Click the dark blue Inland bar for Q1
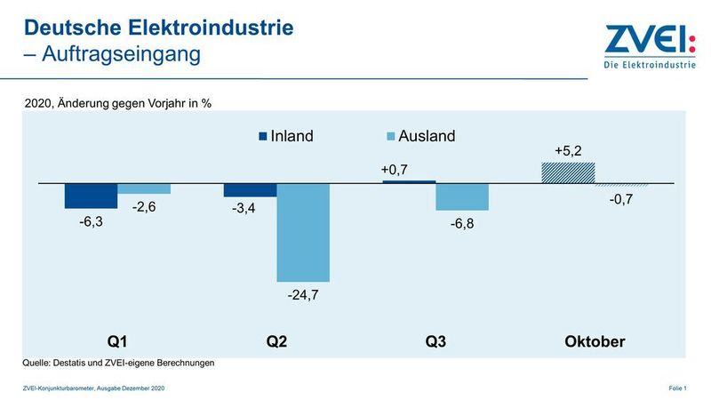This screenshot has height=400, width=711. point(91,196)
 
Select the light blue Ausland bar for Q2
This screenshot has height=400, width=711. point(302,232)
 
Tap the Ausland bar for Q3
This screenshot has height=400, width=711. point(461,197)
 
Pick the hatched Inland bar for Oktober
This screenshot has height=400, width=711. point(568,173)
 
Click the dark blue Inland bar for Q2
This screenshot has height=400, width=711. point(250,190)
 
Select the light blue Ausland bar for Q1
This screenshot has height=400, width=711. point(144,188)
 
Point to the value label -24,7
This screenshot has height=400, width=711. point(302,294)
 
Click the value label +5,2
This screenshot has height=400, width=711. point(568,151)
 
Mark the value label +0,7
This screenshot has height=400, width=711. point(394,170)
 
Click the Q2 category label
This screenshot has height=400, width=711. point(276,341)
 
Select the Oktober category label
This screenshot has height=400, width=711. point(595,341)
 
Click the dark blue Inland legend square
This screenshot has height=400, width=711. point(262,137)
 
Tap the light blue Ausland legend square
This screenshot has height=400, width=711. point(390,137)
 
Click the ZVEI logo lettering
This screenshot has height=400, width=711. point(650,40)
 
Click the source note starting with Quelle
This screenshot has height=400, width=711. point(118,363)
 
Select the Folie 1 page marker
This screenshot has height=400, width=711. point(677,389)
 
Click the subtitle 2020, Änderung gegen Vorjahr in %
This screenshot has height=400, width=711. point(117,103)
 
